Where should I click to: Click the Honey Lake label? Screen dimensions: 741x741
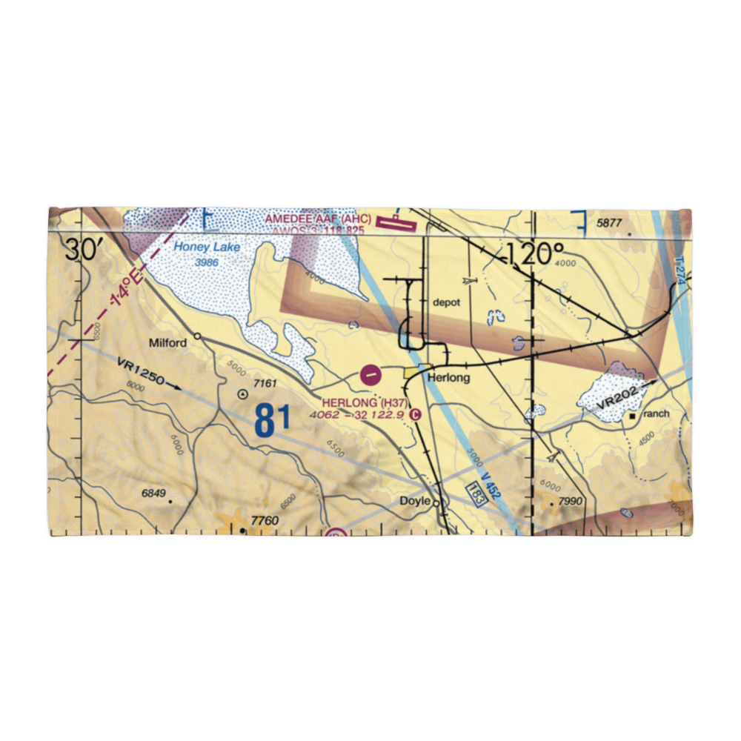click(207, 247)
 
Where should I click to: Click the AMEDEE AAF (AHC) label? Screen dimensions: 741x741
click(318, 219)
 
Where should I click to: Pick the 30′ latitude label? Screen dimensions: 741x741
click(83, 250)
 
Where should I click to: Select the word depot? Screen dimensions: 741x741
click(447, 303)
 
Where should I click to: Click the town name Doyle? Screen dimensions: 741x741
click(415, 502)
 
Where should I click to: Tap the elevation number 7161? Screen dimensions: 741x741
click(265, 383)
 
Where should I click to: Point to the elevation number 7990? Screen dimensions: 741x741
click(571, 502)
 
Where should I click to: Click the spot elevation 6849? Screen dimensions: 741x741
click(153, 494)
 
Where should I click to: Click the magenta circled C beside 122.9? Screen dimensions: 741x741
click(415, 415)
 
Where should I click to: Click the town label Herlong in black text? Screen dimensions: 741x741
click(449, 378)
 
